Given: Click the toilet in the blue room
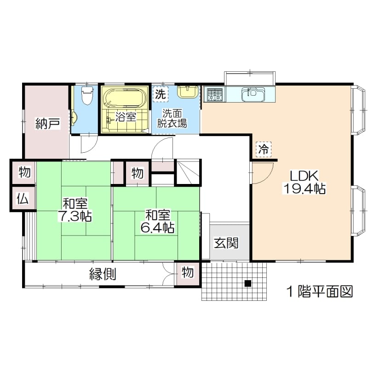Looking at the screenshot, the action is click(87, 95).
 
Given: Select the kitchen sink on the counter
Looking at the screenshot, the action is click(253, 94).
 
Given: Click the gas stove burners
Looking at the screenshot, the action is click(214, 95).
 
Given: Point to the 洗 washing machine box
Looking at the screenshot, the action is click(160, 94).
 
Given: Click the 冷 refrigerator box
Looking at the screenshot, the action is click(264, 149).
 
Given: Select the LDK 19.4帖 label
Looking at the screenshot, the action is click(304, 182).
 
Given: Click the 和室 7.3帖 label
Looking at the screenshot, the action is click(75, 210).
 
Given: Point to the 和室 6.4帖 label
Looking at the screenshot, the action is click(157, 221).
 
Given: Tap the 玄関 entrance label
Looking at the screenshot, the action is click(226, 243).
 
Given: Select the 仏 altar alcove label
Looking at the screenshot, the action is click(23, 199).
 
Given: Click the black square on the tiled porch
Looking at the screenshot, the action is click(248, 283).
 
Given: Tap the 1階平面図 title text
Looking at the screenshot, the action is click(320, 292).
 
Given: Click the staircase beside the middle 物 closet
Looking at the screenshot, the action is click(188, 172).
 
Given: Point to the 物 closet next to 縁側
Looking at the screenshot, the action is click(188, 273).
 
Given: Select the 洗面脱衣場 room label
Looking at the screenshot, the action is click(172, 119).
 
